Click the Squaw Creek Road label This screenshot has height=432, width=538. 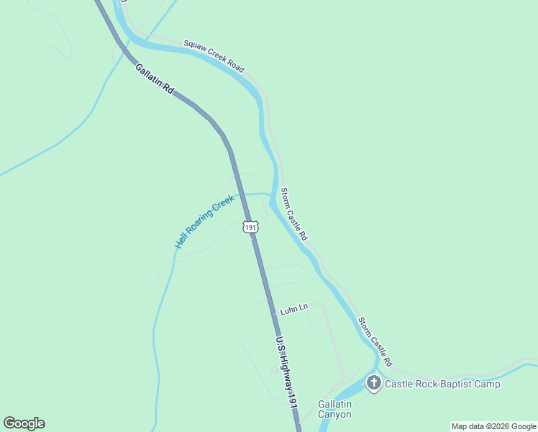214,55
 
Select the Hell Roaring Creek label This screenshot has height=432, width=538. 205,222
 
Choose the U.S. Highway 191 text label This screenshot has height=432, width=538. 286,374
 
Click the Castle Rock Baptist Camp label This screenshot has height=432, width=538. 442,384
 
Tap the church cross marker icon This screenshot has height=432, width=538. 373,383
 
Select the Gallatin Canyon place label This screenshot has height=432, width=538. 334,409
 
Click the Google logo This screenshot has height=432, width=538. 24,423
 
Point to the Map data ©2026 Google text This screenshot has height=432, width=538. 494,426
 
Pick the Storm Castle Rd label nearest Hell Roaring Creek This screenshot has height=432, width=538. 294,215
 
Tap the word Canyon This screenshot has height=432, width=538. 334,415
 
